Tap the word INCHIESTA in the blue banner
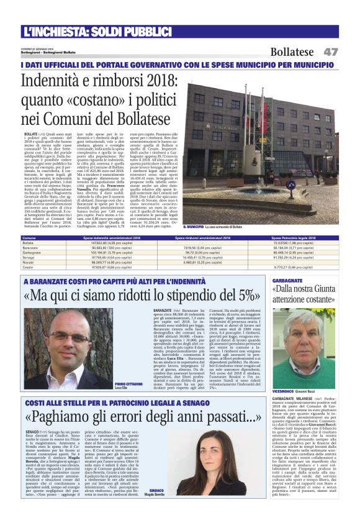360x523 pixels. coord(62,30)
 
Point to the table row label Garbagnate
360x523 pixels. coord(32,253)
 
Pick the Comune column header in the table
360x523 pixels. coord(29,238)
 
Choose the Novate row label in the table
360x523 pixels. coord(29,263)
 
